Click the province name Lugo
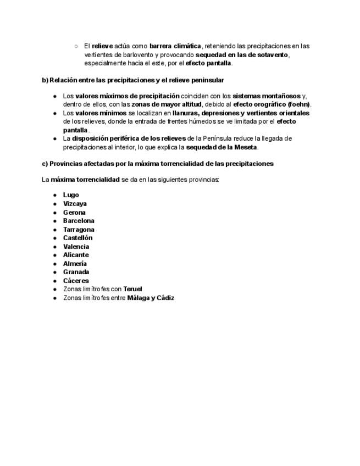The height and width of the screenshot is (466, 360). tap(71, 195)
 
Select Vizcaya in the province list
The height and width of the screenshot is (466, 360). tap(75, 204)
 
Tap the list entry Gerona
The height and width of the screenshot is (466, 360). tap(74, 213)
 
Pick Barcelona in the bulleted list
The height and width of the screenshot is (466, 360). tap(79, 221)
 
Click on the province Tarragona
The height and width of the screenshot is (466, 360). tap(79, 230)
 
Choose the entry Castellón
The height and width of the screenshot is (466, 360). tap(77, 238)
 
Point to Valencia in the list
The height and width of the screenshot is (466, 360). tap(76, 247)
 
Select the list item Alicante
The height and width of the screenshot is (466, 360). tap(76, 255)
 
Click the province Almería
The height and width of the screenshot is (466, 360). tap(75, 264)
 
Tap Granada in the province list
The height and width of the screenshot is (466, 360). tap(76, 272)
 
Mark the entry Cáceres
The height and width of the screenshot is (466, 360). tap(76, 281)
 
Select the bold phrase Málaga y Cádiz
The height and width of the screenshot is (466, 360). tap(151, 298)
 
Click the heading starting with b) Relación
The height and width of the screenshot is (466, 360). tap(132, 80)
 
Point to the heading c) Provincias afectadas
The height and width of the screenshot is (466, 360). tap(157, 164)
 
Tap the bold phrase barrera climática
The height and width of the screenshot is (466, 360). tap(175, 46)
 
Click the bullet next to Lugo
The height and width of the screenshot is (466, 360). tap(55, 195)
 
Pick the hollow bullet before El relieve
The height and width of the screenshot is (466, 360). tap(76, 46)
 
